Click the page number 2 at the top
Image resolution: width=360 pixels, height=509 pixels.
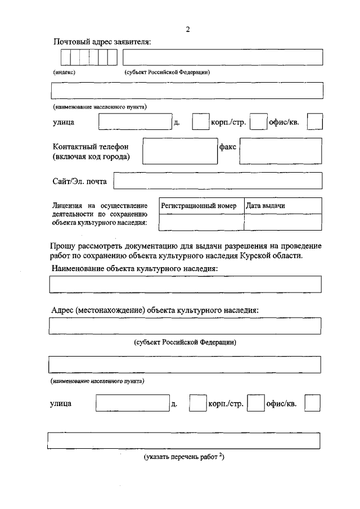[x=188, y=30]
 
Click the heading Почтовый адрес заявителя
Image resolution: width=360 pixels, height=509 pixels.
[x=102, y=42]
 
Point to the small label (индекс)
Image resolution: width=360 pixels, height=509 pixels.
[x=65, y=72]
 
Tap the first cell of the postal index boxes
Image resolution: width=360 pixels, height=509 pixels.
[x=65, y=57]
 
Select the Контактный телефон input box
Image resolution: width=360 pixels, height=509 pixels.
[x=179, y=151]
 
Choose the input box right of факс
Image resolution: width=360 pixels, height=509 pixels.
[x=281, y=151]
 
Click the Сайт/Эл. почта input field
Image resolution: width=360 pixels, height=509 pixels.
[x=218, y=181]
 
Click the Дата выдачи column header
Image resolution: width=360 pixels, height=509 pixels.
[x=265, y=206]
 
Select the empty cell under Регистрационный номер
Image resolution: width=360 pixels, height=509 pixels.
[x=201, y=222]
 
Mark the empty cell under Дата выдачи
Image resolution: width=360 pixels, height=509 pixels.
[x=283, y=222]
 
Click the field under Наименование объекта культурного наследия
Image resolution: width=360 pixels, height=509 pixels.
[x=186, y=284]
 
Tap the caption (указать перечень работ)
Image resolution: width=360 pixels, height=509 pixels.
[x=184, y=457]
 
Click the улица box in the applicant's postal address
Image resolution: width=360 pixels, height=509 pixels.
[x=135, y=123]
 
